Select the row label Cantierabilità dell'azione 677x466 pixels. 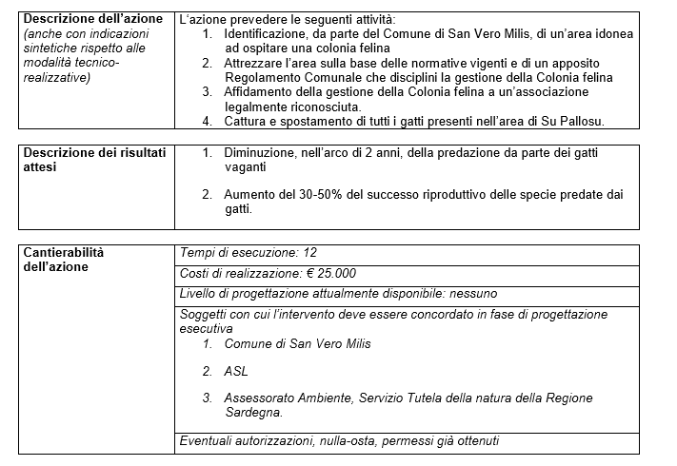tap(63, 259)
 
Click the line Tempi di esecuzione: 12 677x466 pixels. tap(248, 252)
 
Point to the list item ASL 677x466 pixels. tap(236, 371)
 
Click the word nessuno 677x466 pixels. tap(468, 294)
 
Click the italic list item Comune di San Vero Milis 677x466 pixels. tap(298, 343)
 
